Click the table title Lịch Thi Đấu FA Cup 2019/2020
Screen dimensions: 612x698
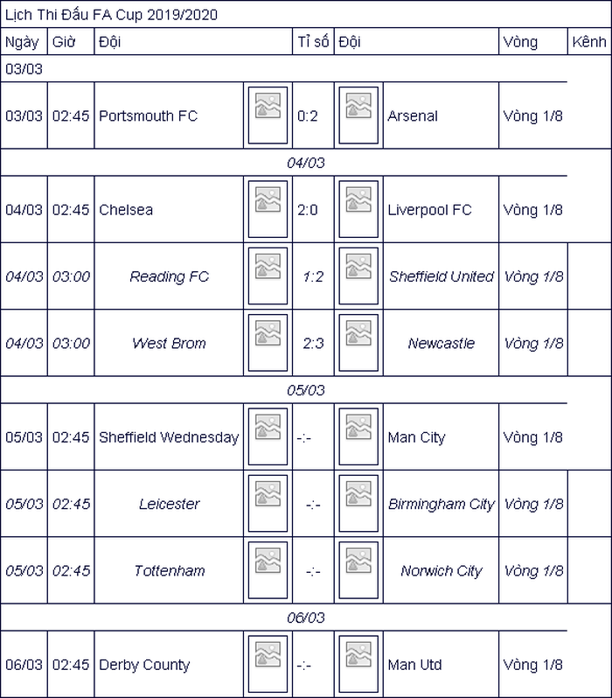pos(111,15)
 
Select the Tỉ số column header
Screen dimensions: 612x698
pos(313,41)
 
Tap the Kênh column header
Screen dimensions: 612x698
pos(589,42)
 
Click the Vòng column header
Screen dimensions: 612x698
pos(520,42)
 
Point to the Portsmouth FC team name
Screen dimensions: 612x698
pos(149,115)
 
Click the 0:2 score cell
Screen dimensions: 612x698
pos(308,116)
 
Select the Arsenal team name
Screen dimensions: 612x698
pos(413,115)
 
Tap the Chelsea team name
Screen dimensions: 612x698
pos(126,210)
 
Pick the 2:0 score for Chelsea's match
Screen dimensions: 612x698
pos(308,210)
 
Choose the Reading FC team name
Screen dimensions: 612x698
pos(169,276)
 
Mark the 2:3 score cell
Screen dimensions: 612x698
pos(313,343)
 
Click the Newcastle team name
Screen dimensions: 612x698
pos(442,343)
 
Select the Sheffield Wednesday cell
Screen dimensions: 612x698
pos(169,437)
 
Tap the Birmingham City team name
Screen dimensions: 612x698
pos(442,504)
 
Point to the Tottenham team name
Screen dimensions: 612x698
pos(169,570)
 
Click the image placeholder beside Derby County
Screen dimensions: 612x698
pos(268,664)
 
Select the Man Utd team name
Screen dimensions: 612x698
pos(414,665)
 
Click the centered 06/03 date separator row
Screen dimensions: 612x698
pos(306,618)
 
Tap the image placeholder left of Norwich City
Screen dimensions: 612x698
pos(358,570)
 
